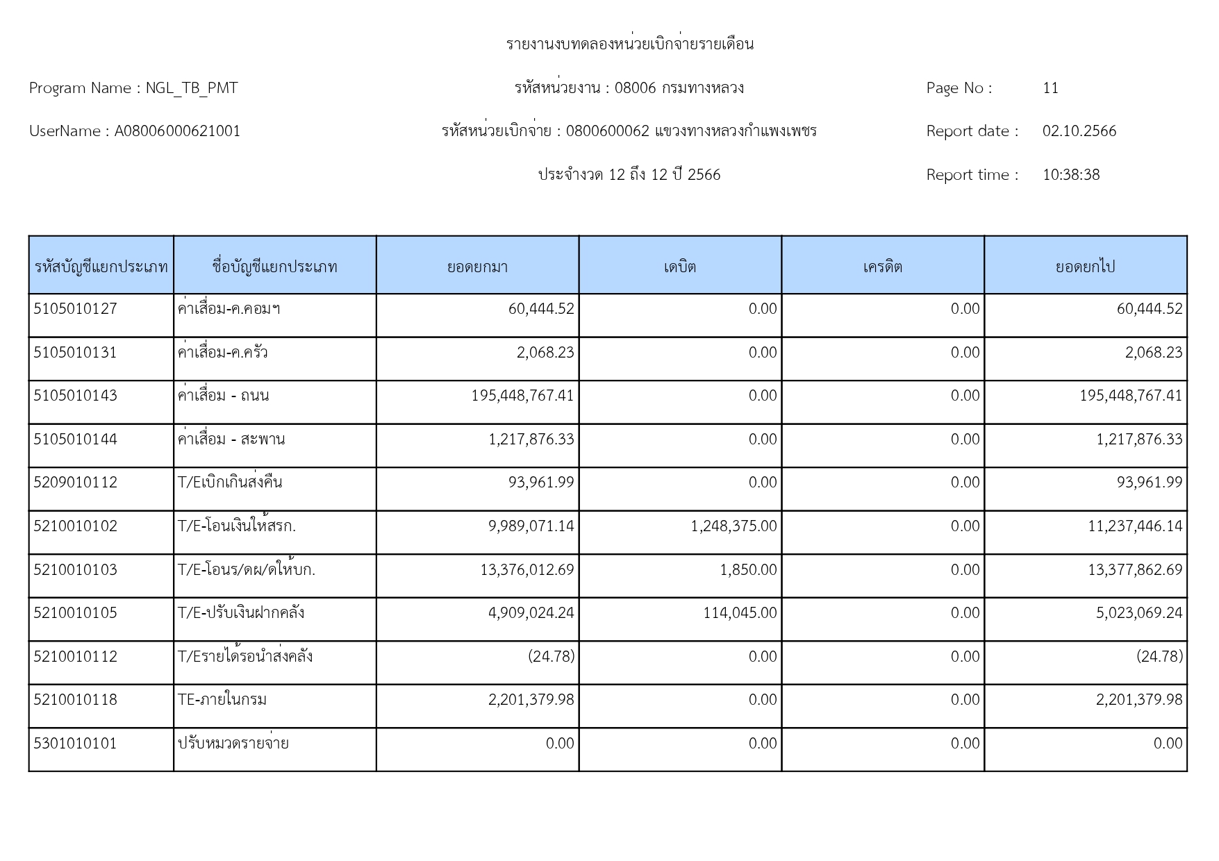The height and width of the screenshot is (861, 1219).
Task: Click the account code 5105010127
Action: click(75, 309)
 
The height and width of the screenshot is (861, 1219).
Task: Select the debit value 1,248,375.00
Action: click(733, 526)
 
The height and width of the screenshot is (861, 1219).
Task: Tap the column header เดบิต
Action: click(679, 267)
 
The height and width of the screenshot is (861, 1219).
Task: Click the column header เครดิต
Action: click(882, 267)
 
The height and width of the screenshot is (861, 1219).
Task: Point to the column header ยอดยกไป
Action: click(1085, 267)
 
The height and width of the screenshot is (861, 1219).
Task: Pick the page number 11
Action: click(1050, 88)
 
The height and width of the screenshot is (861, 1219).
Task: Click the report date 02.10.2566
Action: click(1079, 131)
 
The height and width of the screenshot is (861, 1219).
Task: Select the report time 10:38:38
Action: click(1070, 175)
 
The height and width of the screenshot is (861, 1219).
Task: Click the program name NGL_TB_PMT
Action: click(191, 88)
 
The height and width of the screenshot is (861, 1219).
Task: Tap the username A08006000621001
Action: click(177, 131)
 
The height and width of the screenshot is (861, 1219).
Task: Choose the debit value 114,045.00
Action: click(740, 613)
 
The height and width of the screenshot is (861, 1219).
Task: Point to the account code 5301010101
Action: click(75, 744)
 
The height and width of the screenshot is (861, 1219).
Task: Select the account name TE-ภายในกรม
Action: click(222, 700)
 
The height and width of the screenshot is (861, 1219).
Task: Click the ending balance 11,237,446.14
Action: click(1135, 526)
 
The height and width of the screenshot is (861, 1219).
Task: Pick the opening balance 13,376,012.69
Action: click(527, 570)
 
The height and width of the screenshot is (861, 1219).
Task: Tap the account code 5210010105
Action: click(75, 613)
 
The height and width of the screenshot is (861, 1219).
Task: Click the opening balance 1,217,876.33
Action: click(531, 440)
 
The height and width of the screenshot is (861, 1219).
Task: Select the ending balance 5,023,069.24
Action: click(1139, 613)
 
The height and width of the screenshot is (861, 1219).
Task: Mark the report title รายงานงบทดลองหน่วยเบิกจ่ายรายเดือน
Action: click(629, 44)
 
